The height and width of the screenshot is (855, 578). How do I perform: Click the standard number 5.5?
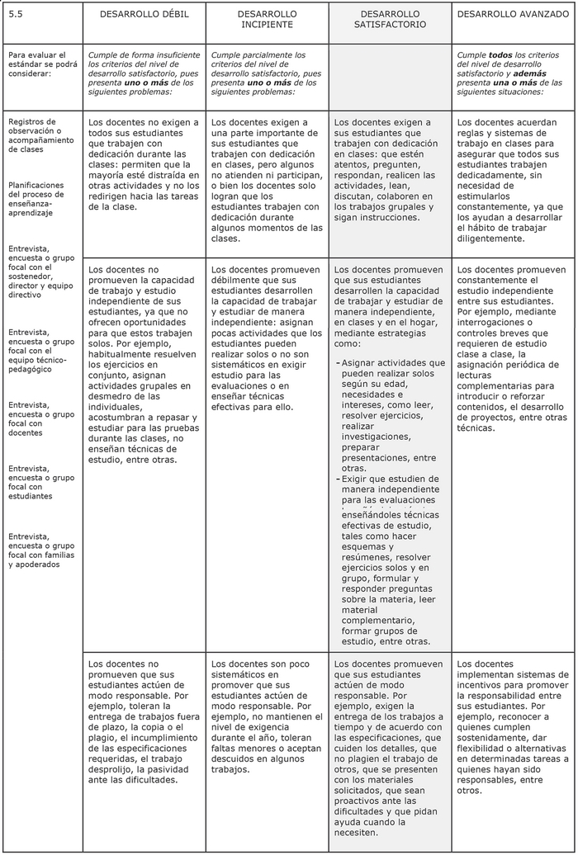15,14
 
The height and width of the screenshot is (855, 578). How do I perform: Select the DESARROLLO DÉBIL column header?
143,14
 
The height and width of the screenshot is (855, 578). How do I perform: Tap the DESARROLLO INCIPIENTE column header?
267,20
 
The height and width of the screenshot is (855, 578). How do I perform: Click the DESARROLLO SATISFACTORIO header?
390,20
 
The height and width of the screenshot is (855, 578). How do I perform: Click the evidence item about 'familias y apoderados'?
41,549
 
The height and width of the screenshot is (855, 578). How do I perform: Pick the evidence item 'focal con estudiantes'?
41,482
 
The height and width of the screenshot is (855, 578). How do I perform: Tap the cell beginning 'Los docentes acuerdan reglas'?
509,180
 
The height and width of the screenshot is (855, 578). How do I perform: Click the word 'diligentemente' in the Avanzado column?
490,239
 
